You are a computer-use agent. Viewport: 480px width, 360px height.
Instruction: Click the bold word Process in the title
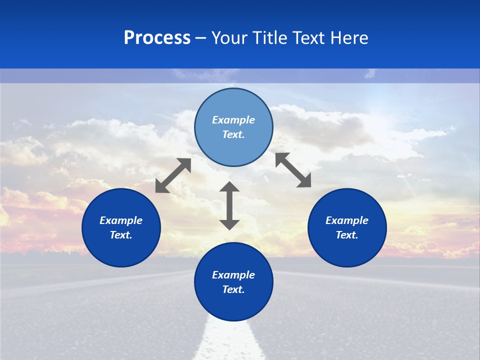[157, 38]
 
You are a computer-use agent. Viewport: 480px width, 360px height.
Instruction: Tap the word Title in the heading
[268, 38]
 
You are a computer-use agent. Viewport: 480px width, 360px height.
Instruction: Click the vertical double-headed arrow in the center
[229, 205]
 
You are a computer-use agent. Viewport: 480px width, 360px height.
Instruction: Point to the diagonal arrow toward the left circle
[173, 175]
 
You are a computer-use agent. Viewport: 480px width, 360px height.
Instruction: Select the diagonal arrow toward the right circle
[293, 170]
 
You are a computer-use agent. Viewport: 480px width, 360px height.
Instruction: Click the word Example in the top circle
[233, 120]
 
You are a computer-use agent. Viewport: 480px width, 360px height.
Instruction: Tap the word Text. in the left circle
[121, 235]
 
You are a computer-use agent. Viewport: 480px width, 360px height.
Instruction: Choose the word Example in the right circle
[347, 220]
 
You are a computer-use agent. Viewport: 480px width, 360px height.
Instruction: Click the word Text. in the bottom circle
[233, 289]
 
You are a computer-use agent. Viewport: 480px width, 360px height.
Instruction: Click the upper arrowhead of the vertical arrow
[229, 187]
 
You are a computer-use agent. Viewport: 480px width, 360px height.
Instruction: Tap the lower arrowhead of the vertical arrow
[229, 224]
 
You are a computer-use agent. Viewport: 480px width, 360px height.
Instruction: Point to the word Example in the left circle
[121, 220]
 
